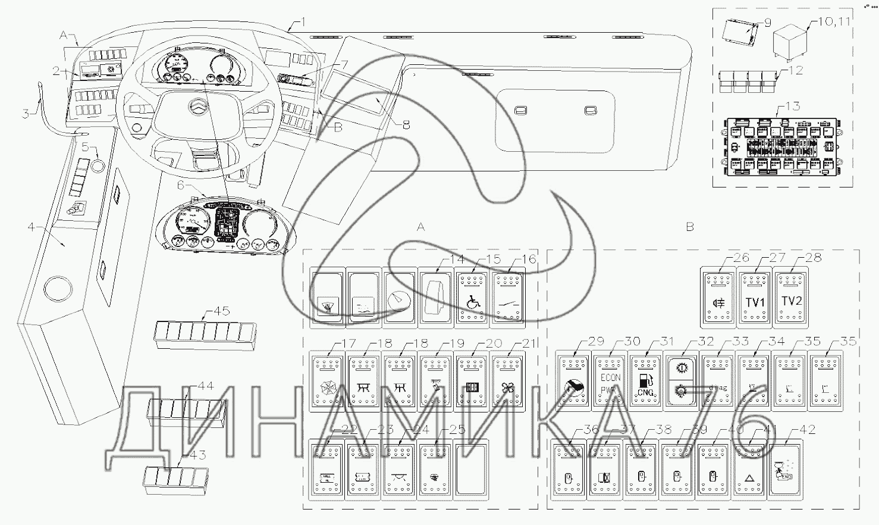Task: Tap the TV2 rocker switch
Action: (791, 296)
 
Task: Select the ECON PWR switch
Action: (608, 381)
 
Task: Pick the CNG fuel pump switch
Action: (645, 381)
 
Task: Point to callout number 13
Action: (793, 107)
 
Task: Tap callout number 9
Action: (767, 23)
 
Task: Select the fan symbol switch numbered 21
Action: (507, 381)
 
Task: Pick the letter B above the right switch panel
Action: (690, 227)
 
